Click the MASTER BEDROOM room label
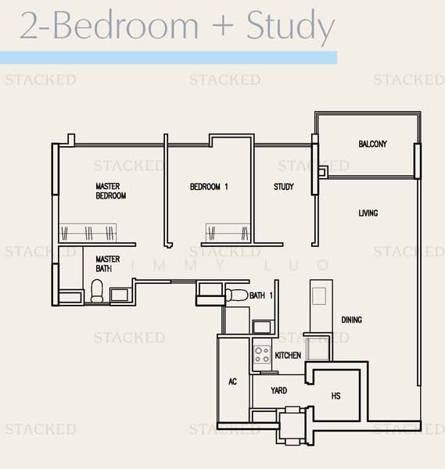(110, 191)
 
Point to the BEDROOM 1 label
(209, 188)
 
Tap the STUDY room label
(283, 188)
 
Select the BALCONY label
(372, 145)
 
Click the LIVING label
(368, 213)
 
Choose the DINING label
(351, 320)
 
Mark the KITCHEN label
(288, 356)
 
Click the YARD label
(278, 390)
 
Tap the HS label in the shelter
(336, 396)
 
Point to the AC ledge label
(232, 382)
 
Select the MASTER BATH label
(107, 263)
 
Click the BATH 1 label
(261, 295)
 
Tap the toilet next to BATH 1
(236, 295)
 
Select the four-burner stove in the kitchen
(261, 353)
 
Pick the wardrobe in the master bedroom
(88, 232)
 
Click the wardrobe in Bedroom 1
(227, 232)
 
